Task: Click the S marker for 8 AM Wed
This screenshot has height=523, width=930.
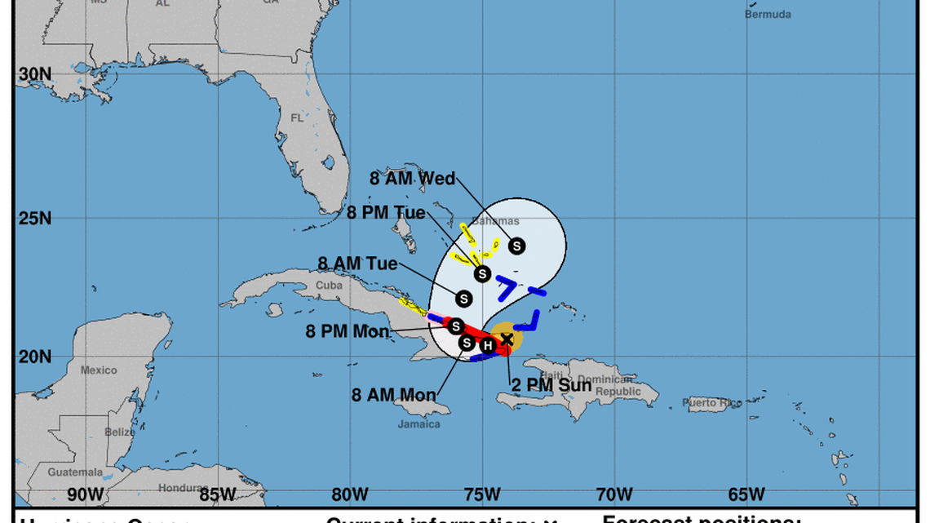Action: [x=516, y=246]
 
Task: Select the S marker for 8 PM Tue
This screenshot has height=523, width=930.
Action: [x=482, y=273]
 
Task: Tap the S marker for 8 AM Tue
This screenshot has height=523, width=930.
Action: [x=464, y=299]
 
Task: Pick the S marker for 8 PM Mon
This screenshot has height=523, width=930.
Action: [x=456, y=326]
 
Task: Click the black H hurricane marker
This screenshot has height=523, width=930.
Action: [x=488, y=345]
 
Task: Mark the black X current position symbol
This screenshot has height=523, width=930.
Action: [x=507, y=339]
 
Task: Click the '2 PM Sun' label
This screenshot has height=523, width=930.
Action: [x=551, y=384]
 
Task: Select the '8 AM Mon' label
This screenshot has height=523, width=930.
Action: [x=393, y=395]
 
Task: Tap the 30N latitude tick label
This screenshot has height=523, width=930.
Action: [x=35, y=74]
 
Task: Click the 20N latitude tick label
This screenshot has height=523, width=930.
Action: [x=35, y=357]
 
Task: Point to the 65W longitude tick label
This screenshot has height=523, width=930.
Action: [x=746, y=494]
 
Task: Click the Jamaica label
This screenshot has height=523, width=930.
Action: [x=418, y=424]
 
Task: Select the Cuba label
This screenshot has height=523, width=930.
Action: [x=329, y=286]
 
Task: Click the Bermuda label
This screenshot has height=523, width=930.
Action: [x=768, y=14]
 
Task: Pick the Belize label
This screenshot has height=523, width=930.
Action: [x=119, y=432]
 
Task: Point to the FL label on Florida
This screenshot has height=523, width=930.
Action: [x=296, y=117]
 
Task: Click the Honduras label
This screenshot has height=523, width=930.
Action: [x=179, y=488]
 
